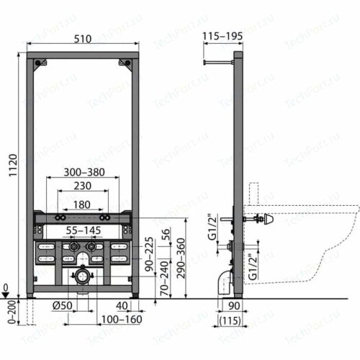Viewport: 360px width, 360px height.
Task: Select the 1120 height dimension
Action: pyautogui.click(x=9, y=167)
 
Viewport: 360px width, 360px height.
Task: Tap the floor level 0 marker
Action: pyautogui.click(x=6, y=288)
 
